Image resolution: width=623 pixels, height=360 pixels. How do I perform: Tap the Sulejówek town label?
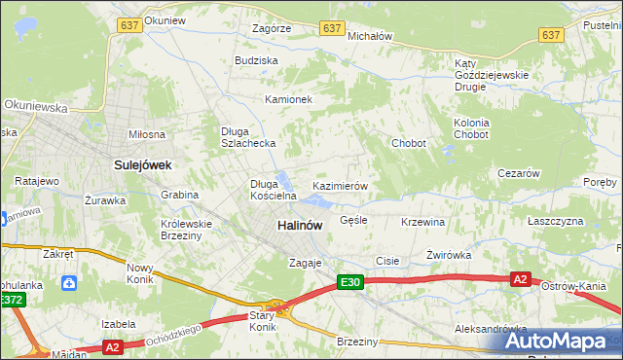point(142,165)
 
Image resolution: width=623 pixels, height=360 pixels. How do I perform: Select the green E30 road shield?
point(351,282)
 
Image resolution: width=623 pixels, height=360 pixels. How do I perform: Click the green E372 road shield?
point(12,301)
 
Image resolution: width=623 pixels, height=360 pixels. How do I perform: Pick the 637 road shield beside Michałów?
point(332,29)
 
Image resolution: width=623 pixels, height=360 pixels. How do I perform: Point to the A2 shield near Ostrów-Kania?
point(521,279)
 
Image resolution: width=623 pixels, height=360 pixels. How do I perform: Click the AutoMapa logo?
point(560,341)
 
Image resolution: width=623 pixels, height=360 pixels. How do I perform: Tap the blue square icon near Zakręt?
point(69,283)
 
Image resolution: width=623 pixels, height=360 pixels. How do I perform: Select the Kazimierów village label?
point(339,185)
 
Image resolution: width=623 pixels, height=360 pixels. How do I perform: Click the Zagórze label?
point(271,29)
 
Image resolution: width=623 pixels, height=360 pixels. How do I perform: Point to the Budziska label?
point(256,60)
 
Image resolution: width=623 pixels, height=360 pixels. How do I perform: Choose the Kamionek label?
point(288,99)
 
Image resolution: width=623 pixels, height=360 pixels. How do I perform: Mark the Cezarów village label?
point(518,173)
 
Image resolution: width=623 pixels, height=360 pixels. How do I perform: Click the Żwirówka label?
point(449,255)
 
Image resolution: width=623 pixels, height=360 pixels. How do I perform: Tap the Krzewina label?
point(422,222)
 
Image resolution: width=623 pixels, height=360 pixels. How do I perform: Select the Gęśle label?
point(353,220)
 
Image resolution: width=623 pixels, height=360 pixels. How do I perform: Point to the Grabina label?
point(180,195)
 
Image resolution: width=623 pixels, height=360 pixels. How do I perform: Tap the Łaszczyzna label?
point(555,221)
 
